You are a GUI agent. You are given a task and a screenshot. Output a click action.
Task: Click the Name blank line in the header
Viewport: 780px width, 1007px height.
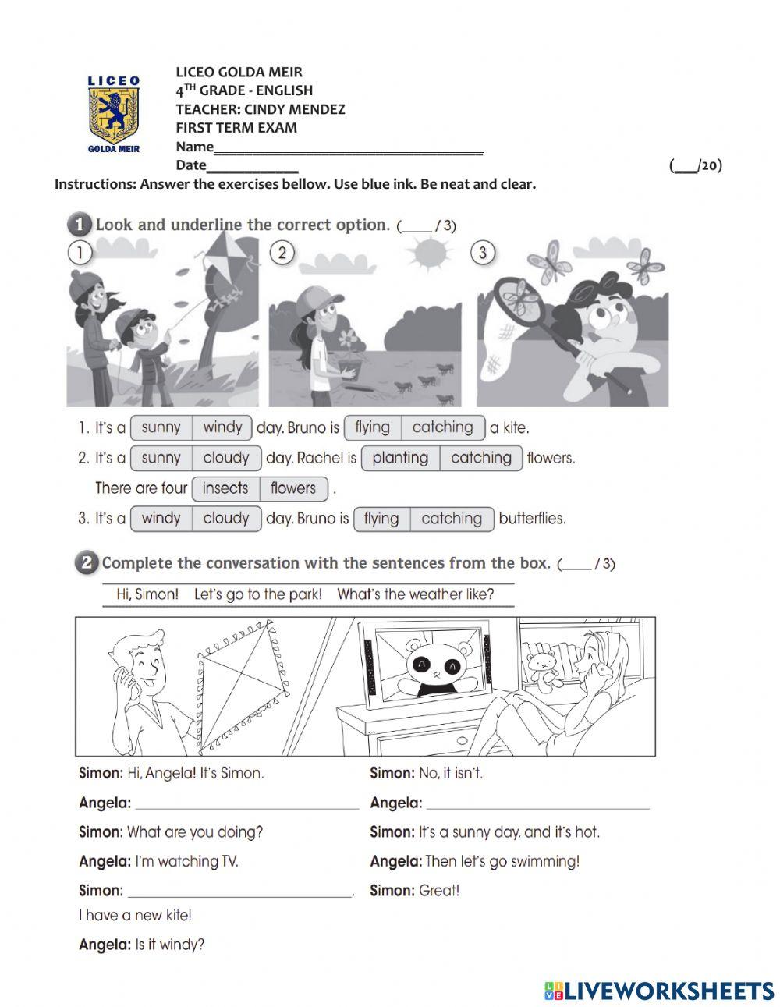tap(348, 150)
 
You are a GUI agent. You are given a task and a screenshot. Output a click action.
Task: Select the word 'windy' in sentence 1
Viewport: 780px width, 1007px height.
tap(222, 427)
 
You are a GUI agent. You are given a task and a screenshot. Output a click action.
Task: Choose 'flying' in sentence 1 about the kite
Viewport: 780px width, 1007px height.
tap(372, 427)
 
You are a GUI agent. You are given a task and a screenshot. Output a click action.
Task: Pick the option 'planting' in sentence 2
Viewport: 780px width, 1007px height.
tap(400, 458)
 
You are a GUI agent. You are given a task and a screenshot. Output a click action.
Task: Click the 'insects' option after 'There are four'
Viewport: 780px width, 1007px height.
tap(225, 488)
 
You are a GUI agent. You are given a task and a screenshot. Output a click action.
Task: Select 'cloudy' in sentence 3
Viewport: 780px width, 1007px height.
tap(225, 519)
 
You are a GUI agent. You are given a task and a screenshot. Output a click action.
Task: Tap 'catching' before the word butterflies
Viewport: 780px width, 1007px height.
tap(451, 519)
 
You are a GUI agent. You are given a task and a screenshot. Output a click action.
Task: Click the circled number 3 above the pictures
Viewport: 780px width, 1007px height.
tap(483, 253)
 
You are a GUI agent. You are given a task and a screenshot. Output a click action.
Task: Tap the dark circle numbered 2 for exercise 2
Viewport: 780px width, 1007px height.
tap(86, 563)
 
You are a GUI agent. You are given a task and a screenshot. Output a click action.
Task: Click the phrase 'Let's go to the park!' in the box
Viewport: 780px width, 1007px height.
tap(257, 594)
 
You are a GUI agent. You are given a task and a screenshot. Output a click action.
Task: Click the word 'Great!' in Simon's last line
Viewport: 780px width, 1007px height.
tap(439, 891)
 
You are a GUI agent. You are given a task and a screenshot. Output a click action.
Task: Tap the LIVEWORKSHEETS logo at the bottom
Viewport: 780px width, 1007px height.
tap(659, 991)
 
